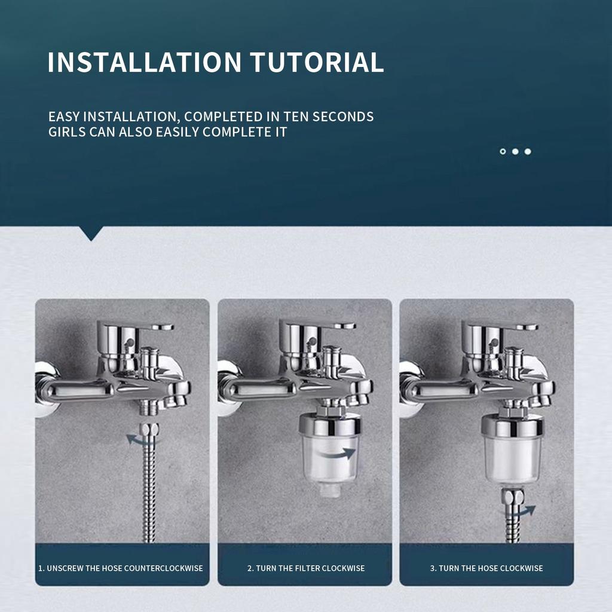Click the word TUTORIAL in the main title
[317, 62]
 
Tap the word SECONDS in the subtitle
[343, 117]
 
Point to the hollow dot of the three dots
[503, 151]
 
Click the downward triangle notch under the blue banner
[91, 233]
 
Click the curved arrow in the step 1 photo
[140, 440]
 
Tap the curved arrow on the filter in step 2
[336, 454]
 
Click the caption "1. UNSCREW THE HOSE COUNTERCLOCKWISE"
[121, 568]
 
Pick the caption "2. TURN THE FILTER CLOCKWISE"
[306, 568]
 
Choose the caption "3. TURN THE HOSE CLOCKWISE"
[486, 568]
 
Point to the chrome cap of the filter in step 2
[330, 426]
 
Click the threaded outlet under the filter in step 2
[330, 489]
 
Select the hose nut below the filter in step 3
[513, 497]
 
